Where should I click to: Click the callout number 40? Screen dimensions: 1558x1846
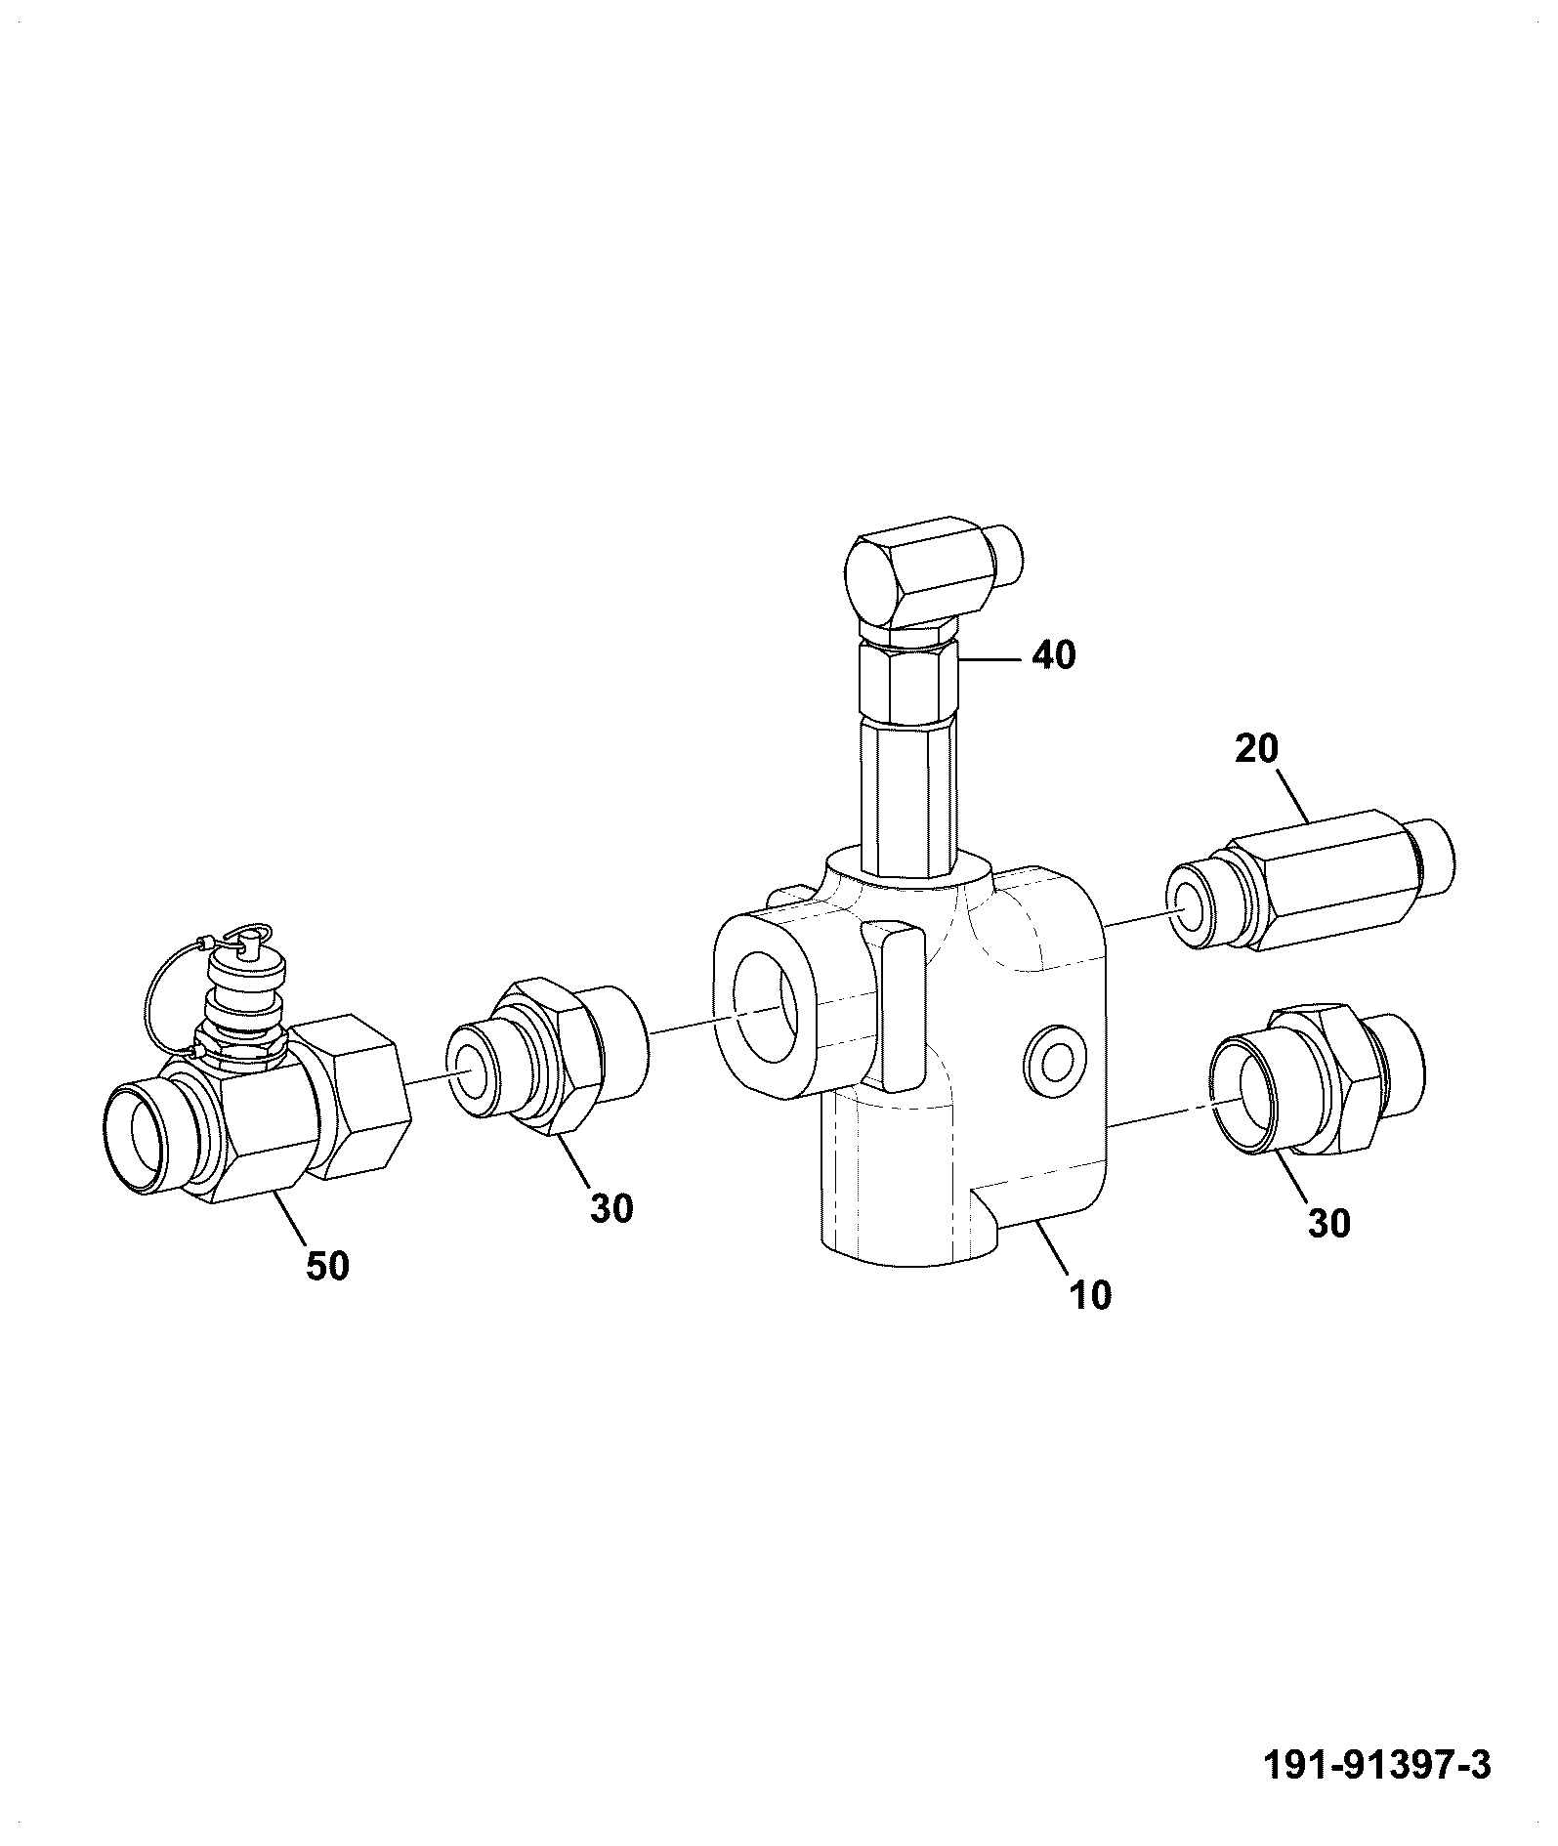point(1053,654)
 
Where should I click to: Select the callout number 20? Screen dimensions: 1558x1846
point(1257,749)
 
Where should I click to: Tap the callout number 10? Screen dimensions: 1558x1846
point(1090,1295)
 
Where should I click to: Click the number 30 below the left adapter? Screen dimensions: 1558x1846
point(611,1208)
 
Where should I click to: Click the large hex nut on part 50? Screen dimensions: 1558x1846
point(347,1094)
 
